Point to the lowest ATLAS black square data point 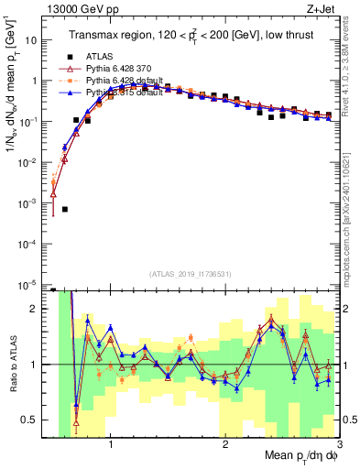coord(65,210)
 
